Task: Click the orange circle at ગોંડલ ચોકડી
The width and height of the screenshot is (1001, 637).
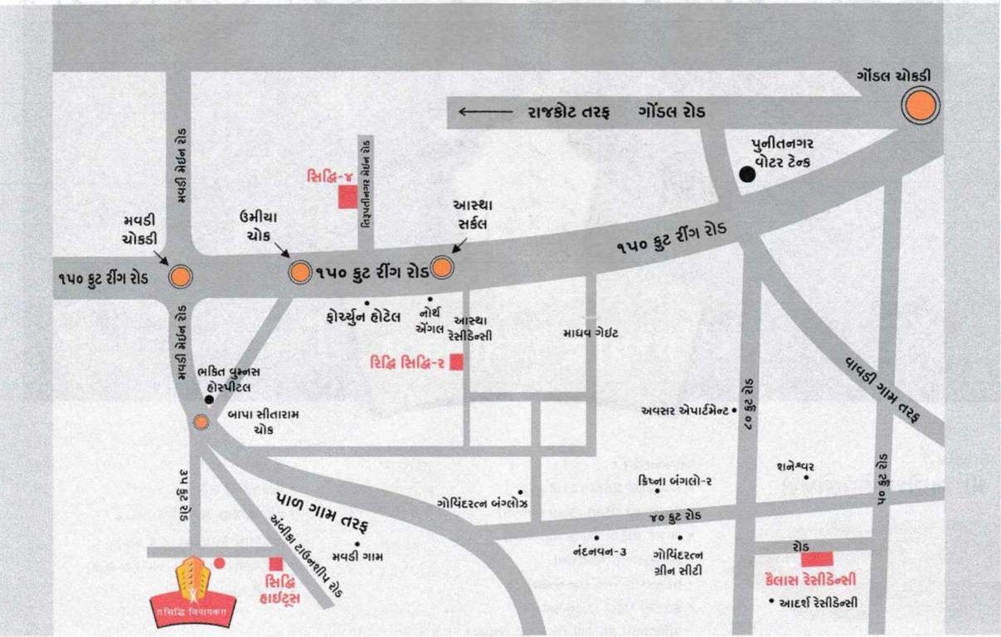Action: pyautogui.click(x=921, y=107)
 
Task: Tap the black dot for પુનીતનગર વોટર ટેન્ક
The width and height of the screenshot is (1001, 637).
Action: pyautogui.click(x=747, y=173)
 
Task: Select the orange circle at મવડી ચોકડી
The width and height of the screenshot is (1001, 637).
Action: pyautogui.click(x=180, y=277)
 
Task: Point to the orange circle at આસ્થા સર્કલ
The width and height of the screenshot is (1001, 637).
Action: pyautogui.click(x=442, y=267)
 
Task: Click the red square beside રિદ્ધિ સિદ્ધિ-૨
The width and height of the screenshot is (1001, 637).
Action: pyautogui.click(x=456, y=362)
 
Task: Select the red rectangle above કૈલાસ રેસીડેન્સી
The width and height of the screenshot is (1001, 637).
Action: pyautogui.click(x=817, y=559)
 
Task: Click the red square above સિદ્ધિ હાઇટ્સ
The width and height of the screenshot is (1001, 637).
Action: pyautogui.click(x=276, y=564)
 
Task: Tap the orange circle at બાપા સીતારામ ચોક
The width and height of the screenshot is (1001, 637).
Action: pyautogui.click(x=201, y=422)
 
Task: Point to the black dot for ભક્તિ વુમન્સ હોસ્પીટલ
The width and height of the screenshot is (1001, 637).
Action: pyautogui.click(x=209, y=400)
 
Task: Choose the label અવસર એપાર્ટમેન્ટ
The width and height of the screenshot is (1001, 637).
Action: pyautogui.click(x=684, y=410)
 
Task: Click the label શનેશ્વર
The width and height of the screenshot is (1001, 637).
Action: pyautogui.click(x=795, y=466)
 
